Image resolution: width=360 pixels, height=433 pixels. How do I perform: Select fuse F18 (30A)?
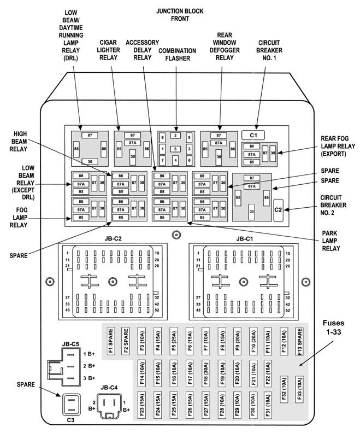(x=205, y=375)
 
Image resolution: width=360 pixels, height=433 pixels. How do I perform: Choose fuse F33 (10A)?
(x=299, y=389)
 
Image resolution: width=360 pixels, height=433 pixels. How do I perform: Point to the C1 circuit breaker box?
(x=253, y=134)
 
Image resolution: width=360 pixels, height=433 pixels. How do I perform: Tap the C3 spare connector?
(x=71, y=405)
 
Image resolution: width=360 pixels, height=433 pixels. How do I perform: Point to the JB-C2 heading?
(x=113, y=238)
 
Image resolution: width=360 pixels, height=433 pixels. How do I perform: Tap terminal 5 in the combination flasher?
(x=175, y=149)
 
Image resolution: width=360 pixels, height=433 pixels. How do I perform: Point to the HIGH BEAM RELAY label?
(x=21, y=140)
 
